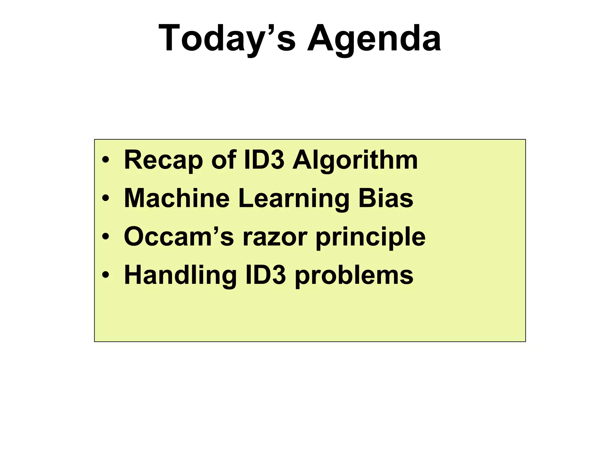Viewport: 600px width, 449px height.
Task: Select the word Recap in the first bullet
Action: pyautogui.click(x=163, y=160)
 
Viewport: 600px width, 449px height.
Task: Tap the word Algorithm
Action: pyautogui.click(x=355, y=160)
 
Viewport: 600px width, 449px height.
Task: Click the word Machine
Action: pyautogui.click(x=177, y=198)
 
